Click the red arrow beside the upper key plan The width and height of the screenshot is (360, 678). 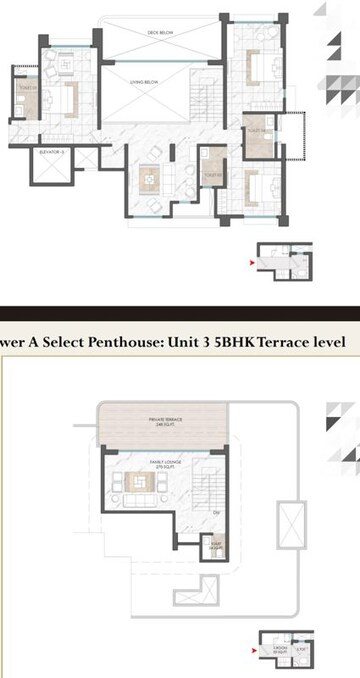(250, 263)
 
